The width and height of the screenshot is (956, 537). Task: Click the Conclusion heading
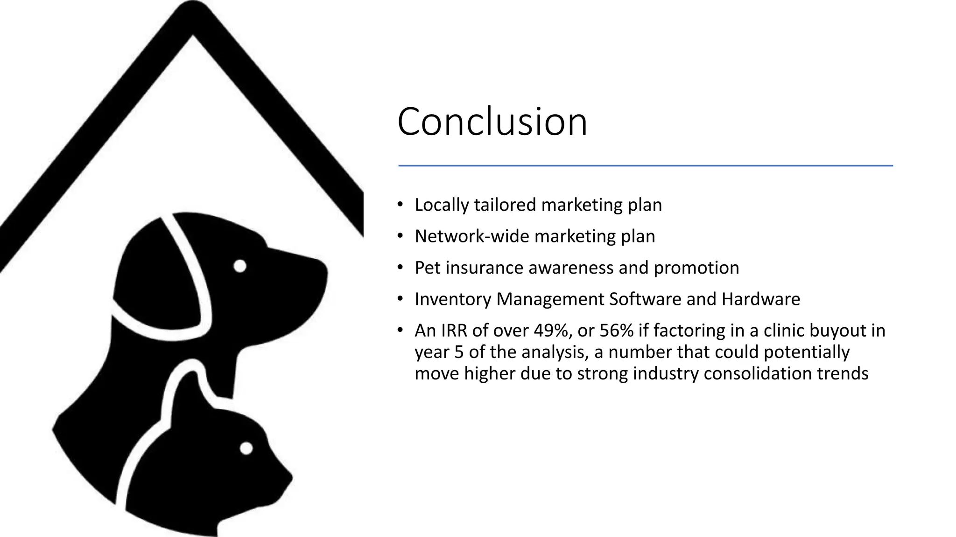[492, 122]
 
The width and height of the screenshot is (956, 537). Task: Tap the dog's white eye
[240, 266]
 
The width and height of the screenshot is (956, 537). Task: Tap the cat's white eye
[246, 448]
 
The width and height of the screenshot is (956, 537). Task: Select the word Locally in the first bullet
[442, 205]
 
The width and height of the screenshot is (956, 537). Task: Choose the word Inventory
[452, 299]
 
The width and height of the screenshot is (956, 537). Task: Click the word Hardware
[760, 299]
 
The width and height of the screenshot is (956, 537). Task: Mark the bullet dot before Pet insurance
[400, 268]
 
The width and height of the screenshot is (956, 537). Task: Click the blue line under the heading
[645, 165]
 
